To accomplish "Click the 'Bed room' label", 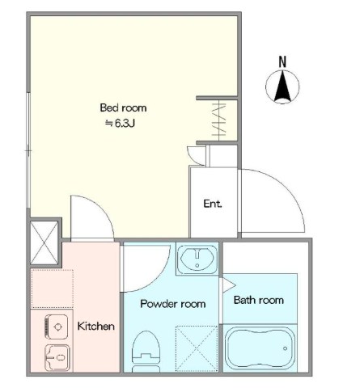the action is click(x=123, y=107).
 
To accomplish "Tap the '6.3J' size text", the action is click(x=125, y=124).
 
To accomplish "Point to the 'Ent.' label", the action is click(x=213, y=204).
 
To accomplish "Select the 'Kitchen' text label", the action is click(x=96, y=327).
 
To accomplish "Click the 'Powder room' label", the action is click(x=173, y=304).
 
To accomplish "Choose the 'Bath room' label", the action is click(x=259, y=300).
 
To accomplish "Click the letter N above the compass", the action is click(x=282, y=61).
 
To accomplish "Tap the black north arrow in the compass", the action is click(x=282, y=86).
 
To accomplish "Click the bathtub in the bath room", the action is click(x=259, y=348).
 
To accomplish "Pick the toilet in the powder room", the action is click(x=146, y=352).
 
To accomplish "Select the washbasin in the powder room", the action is click(x=197, y=259).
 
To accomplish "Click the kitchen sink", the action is click(x=57, y=358).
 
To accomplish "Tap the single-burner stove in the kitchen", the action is click(x=57, y=327).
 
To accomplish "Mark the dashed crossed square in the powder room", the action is click(x=197, y=348).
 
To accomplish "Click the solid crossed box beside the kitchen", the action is click(x=44, y=242).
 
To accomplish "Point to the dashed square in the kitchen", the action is click(x=53, y=289).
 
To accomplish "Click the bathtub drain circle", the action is click(x=285, y=348).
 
